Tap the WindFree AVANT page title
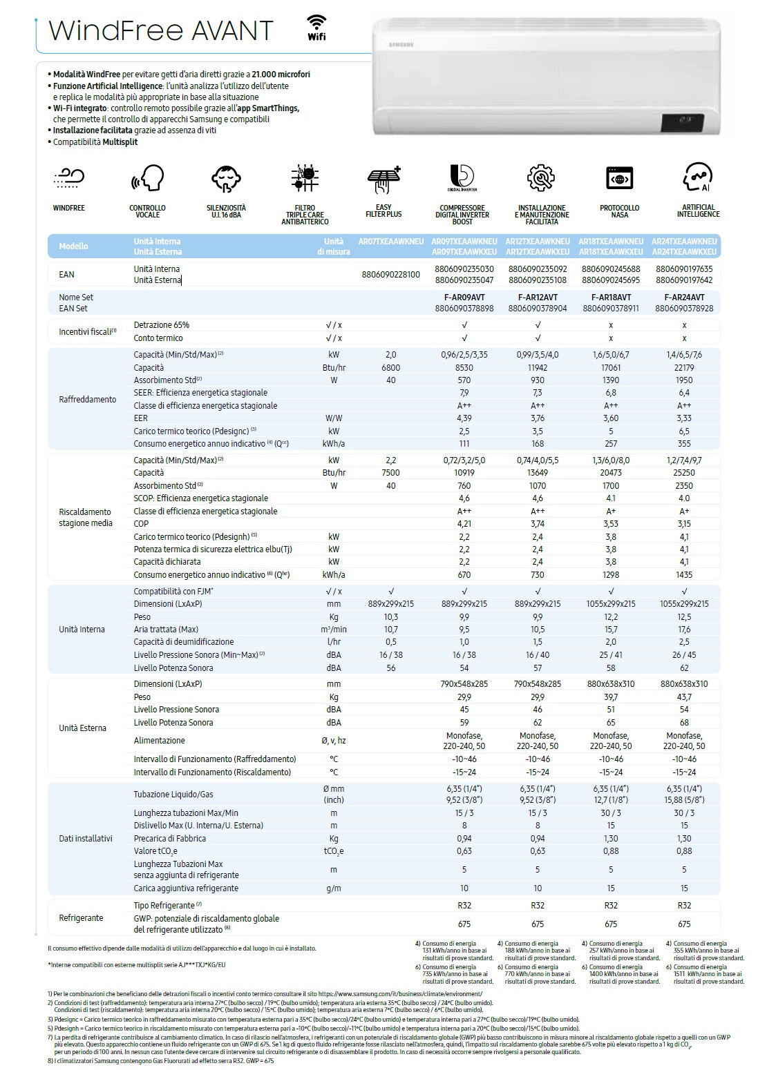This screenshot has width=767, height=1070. tap(161, 30)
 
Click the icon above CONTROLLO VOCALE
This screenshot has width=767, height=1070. tap(147, 179)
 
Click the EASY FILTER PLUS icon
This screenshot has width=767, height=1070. tap(383, 179)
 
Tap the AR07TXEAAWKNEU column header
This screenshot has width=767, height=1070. tap(390, 242)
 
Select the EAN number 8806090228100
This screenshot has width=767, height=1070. tap(390, 275)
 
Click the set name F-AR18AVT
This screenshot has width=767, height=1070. tap(611, 298)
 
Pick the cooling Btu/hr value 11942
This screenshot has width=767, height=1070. tap(538, 368)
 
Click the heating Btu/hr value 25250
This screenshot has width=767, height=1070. tap(684, 473)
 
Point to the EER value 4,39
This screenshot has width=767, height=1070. tap(464, 418)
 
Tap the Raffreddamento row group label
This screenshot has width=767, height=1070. tap(88, 400)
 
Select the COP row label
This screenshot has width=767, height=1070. tap(141, 524)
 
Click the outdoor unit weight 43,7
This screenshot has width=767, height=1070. tap(684, 697)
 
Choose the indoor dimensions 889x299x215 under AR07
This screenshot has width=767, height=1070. tap(390, 604)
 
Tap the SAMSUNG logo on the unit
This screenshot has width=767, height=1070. tap(403, 44)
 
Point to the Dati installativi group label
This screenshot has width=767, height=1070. tap(86, 838)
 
